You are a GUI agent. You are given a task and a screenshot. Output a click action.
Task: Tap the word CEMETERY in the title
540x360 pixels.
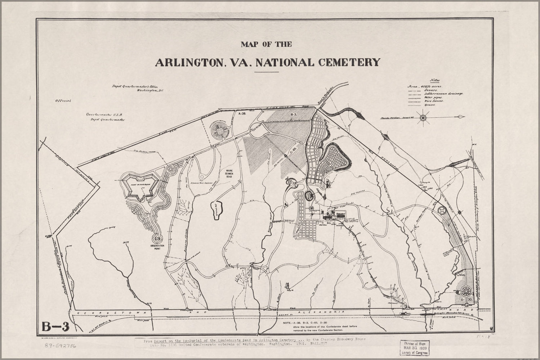pyautogui.click(x=349, y=62)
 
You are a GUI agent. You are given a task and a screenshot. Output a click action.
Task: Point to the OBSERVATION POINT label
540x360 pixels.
pyautogui.click(x=157, y=247)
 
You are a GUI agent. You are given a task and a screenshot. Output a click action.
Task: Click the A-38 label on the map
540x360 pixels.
pyautogui.click(x=241, y=114)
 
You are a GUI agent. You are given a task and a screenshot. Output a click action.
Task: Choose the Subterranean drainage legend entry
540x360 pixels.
pyautogui.click(x=443, y=94)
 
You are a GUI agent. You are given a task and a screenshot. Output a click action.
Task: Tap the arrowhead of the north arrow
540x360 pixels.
pyautogui.click(x=462, y=117)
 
